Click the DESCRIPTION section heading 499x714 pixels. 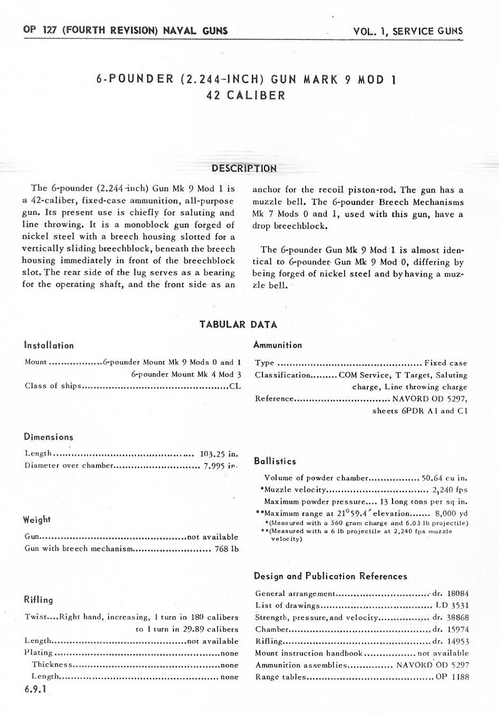[x=243, y=168]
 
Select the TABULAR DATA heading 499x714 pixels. [x=238, y=325]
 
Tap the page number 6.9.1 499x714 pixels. [x=35, y=689]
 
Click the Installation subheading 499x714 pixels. [x=49, y=346]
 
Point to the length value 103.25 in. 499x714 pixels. [x=219, y=453]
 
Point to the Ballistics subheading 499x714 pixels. [x=275, y=461]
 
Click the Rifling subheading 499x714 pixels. [x=38, y=600]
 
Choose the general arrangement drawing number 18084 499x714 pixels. [x=457, y=593]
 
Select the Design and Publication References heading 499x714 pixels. [x=330, y=576]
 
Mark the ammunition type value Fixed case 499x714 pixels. [x=446, y=363]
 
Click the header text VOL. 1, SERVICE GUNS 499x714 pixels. [x=408, y=31]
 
